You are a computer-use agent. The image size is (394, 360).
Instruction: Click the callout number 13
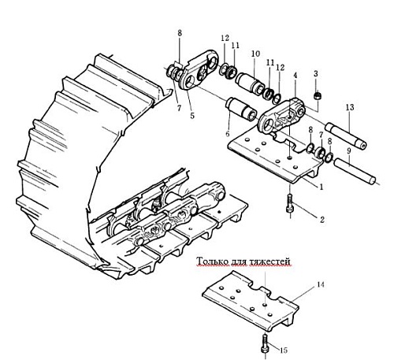pos(350,107)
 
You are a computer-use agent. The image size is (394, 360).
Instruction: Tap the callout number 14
pos(321,284)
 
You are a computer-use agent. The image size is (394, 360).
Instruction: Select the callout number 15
pos(284,350)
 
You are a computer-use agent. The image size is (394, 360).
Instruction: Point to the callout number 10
pos(255,54)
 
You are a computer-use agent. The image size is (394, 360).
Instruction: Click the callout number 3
pos(316,74)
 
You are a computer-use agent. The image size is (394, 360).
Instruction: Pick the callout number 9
pos(349,151)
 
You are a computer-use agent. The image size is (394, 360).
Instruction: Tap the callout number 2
pos(322,220)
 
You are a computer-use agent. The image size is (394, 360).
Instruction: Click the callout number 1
pos(321,187)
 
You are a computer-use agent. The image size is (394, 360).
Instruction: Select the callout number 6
pos(228,133)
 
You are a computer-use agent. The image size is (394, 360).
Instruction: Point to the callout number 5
pos(192,115)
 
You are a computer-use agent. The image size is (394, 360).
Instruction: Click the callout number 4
pos(295,76)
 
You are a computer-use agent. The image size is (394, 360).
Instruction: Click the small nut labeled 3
pos(318,96)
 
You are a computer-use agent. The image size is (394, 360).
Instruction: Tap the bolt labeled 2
pos(290,203)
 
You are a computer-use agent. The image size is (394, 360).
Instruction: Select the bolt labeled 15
pos(265,343)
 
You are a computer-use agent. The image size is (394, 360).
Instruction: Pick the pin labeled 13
pos(346,137)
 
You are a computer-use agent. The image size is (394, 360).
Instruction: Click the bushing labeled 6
pos(242,109)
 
